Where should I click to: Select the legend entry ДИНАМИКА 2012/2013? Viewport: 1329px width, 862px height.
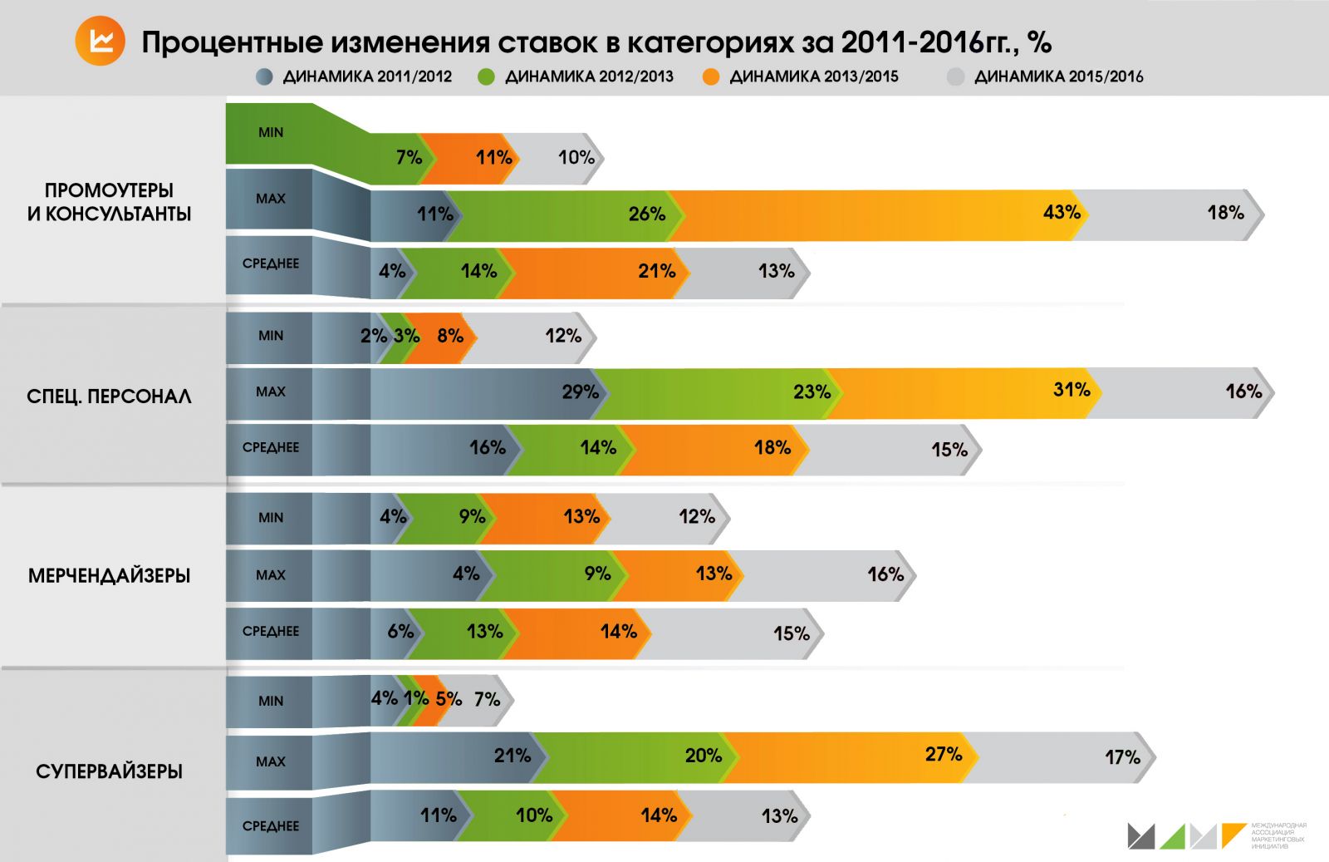[589, 76]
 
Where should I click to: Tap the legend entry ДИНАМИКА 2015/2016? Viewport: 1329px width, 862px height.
[1057, 76]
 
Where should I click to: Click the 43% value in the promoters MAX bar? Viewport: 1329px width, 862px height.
[1062, 213]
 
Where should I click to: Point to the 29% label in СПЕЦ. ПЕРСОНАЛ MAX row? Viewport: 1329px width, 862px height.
[580, 392]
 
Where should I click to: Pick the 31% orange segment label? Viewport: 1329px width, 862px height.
[1072, 390]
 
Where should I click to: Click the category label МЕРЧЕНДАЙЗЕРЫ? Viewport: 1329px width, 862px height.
[109, 575]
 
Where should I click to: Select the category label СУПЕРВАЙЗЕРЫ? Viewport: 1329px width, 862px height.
[109, 771]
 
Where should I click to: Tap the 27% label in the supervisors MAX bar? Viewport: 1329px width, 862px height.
[944, 754]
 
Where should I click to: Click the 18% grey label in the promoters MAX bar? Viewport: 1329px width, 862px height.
[1225, 213]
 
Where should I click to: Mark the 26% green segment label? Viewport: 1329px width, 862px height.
[646, 214]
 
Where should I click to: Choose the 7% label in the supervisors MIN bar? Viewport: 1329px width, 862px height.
[487, 699]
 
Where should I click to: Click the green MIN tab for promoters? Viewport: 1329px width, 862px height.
[271, 132]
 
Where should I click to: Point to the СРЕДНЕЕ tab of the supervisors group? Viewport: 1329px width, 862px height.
[271, 825]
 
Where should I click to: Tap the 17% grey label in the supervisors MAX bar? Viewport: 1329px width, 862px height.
[1122, 757]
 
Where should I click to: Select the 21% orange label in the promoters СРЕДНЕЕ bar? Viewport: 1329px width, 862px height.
[656, 271]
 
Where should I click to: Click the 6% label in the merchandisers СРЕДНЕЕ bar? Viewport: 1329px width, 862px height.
[400, 631]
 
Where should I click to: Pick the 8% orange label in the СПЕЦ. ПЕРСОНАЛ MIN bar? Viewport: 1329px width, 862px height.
[450, 336]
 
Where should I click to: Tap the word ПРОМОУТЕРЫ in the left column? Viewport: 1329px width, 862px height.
[109, 190]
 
